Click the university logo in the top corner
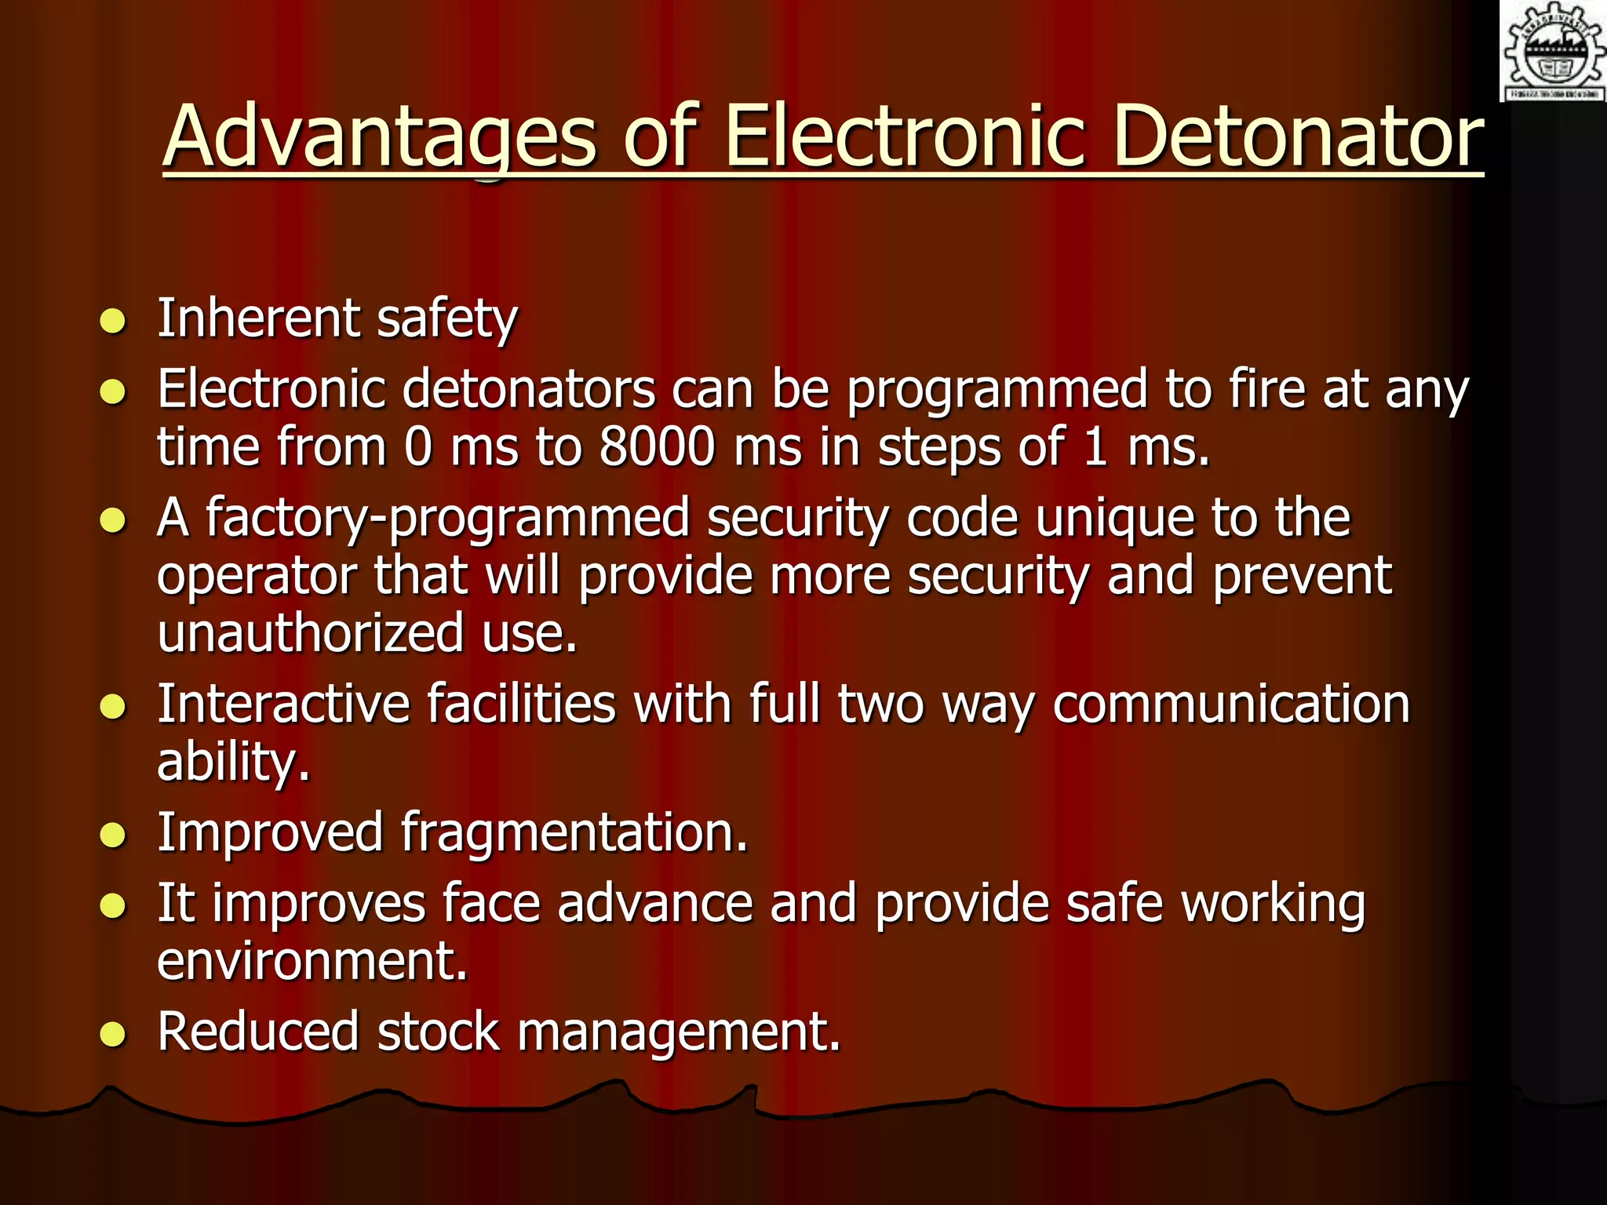(x=1553, y=51)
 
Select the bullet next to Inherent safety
(x=113, y=321)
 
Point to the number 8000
(x=658, y=447)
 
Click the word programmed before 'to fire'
(x=997, y=390)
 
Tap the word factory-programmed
(x=446, y=519)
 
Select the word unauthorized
(x=311, y=633)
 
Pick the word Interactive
(x=283, y=703)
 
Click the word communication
(x=1231, y=704)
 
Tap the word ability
(x=233, y=762)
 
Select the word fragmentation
(x=574, y=832)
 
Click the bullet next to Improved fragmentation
(x=113, y=835)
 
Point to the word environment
(x=312, y=961)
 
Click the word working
(x=1274, y=904)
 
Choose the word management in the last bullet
(x=679, y=1032)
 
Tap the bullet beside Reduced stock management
(x=113, y=1035)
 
